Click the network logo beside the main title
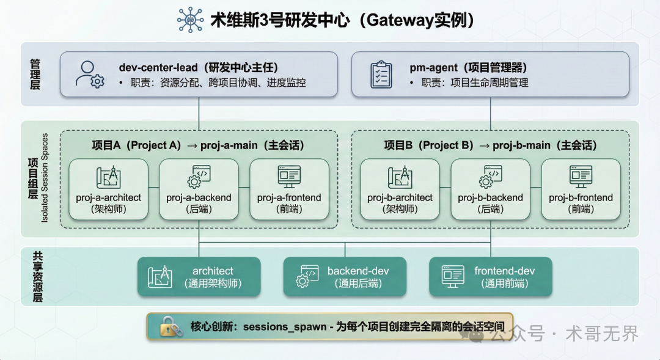point(190,20)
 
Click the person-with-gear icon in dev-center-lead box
point(89,74)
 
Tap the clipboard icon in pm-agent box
point(381,74)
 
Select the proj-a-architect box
point(109,189)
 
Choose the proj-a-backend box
point(199,189)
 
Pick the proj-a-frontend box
point(289,189)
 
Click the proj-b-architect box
point(400,189)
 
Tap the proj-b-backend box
point(490,189)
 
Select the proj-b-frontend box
point(581,189)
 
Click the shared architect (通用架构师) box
point(199,277)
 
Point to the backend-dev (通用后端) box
point(345,277)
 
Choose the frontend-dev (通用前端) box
point(491,277)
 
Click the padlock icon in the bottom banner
point(171,327)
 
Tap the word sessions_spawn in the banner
point(285,327)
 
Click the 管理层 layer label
point(35,75)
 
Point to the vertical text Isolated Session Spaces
point(45,178)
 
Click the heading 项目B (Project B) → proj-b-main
point(490,145)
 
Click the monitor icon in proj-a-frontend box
point(289,177)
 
